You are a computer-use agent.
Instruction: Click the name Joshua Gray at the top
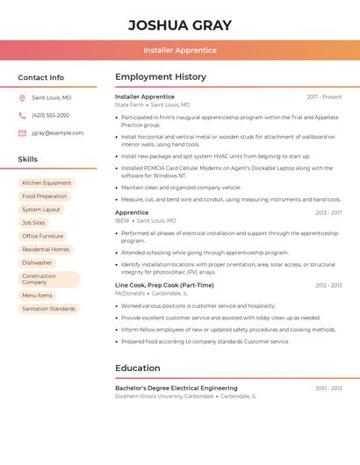click(x=180, y=25)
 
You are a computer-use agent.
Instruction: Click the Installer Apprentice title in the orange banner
click(x=180, y=50)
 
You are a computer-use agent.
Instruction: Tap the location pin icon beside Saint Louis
click(x=22, y=97)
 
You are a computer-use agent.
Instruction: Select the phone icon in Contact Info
click(x=22, y=115)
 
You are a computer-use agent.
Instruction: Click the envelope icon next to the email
click(x=22, y=133)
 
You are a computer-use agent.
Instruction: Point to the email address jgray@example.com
click(x=58, y=133)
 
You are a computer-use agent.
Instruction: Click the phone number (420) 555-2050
click(x=50, y=115)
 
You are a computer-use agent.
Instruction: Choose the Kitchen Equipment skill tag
click(x=47, y=183)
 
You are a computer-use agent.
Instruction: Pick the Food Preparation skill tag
click(x=45, y=197)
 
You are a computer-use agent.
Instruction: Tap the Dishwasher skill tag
click(x=37, y=262)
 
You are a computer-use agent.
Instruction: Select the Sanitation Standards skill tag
click(x=49, y=309)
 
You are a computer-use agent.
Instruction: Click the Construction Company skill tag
click(x=49, y=279)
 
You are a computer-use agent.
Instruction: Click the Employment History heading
click(x=161, y=77)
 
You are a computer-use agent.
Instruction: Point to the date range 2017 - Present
click(x=324, y=97)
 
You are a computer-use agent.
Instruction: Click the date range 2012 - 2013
click(x=328, y=285)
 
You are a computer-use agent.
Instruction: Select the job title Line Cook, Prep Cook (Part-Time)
click(x=164, y=285)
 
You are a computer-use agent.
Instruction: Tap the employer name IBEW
click(x=122, y=221)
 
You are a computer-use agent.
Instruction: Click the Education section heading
click(x=138, y=368)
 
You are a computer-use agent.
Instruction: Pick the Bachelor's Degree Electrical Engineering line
click(x=176, y=388)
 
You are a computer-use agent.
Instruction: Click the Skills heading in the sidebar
click(x=28, y=160)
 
